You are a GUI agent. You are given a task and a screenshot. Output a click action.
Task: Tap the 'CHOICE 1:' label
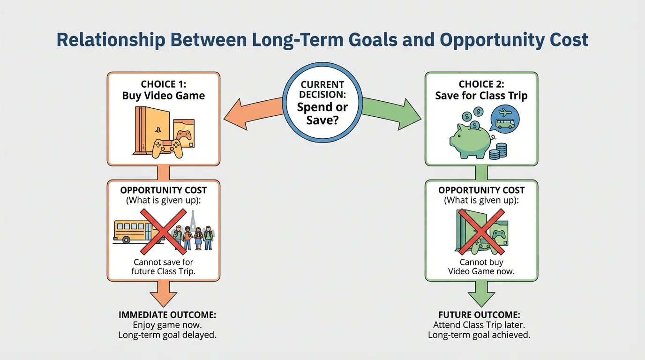tap(163, 84)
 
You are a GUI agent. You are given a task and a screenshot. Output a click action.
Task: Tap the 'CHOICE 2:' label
tap(481, 84)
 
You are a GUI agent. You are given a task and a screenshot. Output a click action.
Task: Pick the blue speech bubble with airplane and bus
tap(504, 118)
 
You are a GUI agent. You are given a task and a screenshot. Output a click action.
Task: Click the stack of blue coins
tap(498, 151)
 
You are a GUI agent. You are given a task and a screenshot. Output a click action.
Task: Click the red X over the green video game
tap(479, 231)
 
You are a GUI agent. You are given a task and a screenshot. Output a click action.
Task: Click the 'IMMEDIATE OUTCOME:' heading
tap(167, 315)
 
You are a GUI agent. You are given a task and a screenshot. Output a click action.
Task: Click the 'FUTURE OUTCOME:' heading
tap(479, 315)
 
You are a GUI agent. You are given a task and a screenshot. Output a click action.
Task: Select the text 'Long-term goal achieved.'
tap(479, 335)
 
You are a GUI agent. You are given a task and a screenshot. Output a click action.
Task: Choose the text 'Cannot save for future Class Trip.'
tap(163, 267)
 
